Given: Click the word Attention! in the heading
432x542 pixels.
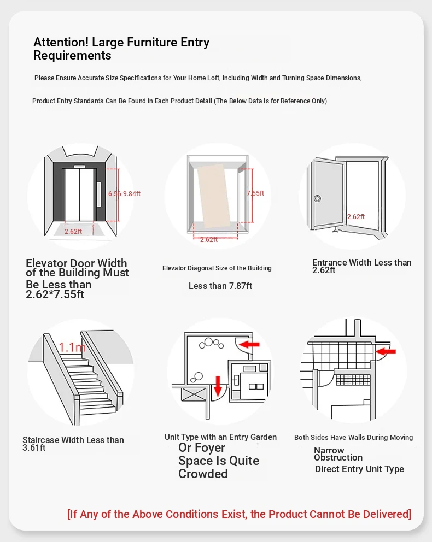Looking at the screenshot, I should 61,43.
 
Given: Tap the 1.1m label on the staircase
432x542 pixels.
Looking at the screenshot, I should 72,347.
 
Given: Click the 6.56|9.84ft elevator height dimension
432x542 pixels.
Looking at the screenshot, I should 125,193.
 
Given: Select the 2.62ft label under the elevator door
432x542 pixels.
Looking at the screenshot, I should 73,231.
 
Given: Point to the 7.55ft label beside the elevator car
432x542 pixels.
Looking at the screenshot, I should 255,193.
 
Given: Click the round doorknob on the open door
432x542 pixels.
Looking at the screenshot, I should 317,198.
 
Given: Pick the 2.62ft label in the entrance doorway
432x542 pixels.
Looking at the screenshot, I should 356,216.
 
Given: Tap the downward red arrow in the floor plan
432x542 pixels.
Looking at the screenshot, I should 218,385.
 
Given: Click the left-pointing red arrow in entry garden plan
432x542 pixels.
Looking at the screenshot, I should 250,344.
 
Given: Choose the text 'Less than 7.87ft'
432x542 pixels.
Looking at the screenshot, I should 220,286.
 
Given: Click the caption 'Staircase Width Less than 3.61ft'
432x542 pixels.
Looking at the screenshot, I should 73,444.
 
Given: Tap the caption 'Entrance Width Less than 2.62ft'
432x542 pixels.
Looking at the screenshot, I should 361,266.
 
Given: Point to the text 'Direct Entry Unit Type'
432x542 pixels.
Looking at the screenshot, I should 359,469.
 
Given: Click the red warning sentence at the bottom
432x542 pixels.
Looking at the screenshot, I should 239,514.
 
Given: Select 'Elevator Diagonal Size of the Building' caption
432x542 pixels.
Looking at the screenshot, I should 217,268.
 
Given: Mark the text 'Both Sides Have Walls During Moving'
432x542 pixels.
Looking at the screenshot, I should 353,437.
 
